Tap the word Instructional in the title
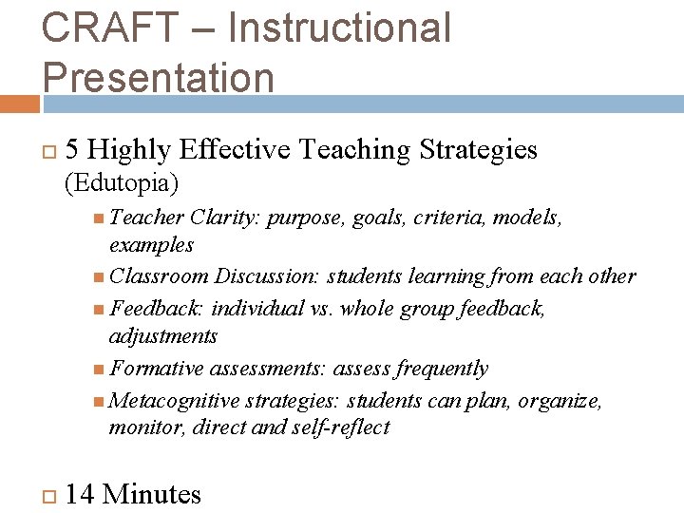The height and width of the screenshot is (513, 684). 339,28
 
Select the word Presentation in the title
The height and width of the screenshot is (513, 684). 158,77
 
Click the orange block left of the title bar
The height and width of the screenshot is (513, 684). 19,103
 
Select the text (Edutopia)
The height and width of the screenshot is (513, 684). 122,180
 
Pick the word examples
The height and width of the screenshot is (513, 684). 152,245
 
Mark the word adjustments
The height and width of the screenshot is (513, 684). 163,336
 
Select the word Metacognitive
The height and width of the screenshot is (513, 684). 177,400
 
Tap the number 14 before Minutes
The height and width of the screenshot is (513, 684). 80,494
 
